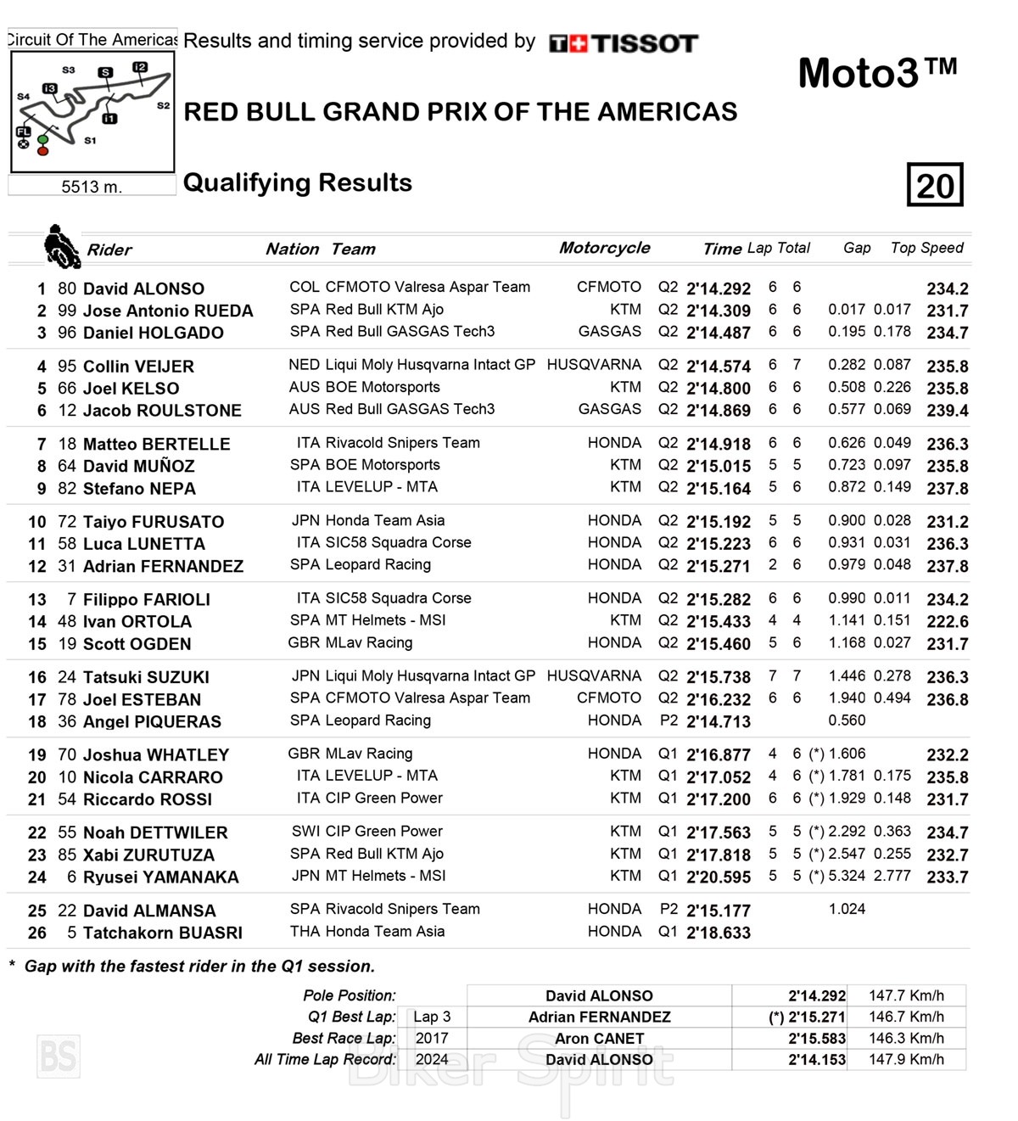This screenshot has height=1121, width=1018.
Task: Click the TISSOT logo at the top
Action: pos(624,43)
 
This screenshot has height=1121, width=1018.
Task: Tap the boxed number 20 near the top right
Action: pos(935,185)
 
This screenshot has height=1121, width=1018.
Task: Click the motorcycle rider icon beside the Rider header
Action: pos(61,246)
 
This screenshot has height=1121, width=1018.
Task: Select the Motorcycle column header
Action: pos(604,248)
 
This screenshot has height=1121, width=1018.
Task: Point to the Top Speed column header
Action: pos(926,248)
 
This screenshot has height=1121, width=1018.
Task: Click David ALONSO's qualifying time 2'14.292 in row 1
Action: pos(718,289)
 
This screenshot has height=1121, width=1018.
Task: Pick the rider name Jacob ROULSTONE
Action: pos(162,411)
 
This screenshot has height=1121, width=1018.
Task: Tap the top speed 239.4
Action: pos(947,411)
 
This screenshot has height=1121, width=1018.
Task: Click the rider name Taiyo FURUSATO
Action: pos(154,522)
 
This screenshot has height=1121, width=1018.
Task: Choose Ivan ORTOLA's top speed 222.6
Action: pos(947,622)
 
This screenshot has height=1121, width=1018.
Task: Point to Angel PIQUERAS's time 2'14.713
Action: pos(718,722)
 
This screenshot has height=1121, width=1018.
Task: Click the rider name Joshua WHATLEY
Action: pos(156,755)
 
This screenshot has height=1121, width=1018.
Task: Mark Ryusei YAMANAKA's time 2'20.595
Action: pos(718,877)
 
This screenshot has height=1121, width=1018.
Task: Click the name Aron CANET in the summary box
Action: pos(599,1039)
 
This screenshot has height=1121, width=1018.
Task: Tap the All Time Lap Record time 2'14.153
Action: pos(816,1060)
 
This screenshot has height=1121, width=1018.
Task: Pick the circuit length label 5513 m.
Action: pos(92,187)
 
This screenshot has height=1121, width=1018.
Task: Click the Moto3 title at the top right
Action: pos(877,73)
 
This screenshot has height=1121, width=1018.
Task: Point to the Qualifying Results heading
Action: pos(298,182)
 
